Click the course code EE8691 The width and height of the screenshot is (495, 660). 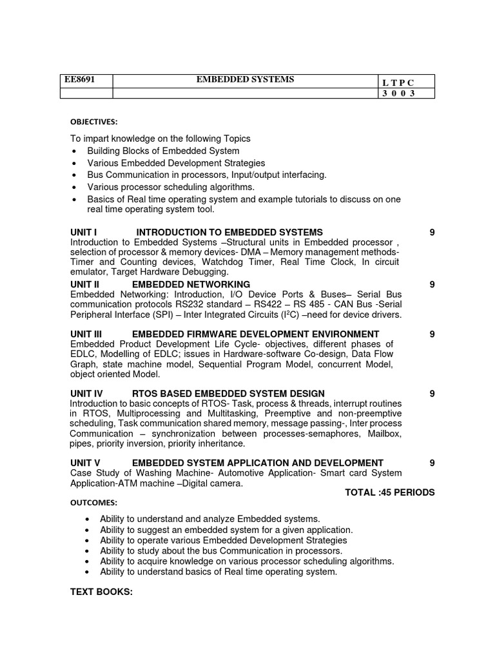(x=78, y=80)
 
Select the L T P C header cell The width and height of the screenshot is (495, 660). (x=398, y=82)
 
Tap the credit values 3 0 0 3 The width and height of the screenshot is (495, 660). (x=398, y=93)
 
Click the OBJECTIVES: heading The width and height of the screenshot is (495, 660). (x=94, y=122)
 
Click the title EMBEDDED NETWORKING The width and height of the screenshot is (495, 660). (x=191, y=284)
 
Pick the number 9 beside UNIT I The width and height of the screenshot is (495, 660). (x=432, y=232)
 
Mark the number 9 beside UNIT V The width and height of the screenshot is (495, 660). (x=432, y=463)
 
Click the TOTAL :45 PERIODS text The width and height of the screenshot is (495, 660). (x=389, y=492)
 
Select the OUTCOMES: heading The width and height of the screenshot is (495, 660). (x=93, y=503)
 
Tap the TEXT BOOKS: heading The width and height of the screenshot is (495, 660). (x=101, y=592)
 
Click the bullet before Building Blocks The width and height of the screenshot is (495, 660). (x=75, y=151)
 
